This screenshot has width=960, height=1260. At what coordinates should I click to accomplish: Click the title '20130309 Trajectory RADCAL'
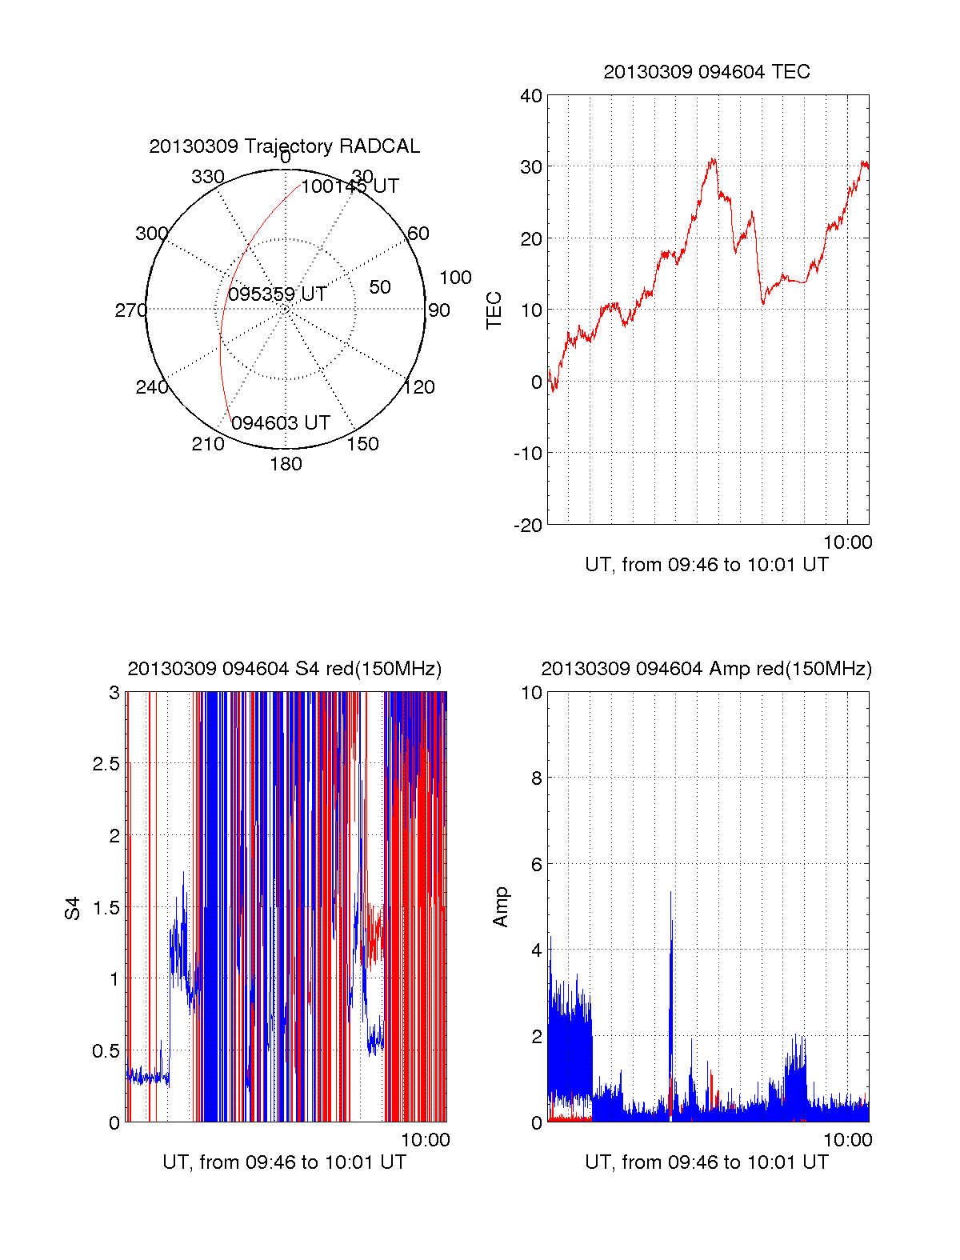tap(284, 146)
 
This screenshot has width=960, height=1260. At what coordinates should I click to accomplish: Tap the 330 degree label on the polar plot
tap(207, 177)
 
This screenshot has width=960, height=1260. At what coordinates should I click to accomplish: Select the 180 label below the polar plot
tap(286, 464)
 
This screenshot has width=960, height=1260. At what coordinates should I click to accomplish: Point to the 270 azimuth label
tap(130, 310)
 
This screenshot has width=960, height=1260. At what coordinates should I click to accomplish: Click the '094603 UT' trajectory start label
tap(281, 423)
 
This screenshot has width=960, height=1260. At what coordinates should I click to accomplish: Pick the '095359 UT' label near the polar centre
tap(278, 294)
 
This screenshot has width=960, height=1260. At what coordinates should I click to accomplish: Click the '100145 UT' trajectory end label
tap(350, 186)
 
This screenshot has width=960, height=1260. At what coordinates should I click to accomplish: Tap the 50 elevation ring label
tap(380, 287)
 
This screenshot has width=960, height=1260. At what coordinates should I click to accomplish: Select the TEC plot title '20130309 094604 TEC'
tap(706, 72)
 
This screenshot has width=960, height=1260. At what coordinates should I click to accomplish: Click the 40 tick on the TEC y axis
tap(531, 96)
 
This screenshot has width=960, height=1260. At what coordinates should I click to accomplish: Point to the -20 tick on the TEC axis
tap(528, 525)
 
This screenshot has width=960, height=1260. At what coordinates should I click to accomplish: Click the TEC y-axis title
tap(494, 310)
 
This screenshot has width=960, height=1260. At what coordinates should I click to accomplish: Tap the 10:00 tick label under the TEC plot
tap(847, 542)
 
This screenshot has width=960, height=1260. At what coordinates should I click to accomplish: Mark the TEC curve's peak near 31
tap(713, 159)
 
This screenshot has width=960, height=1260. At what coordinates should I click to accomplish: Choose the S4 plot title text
tap(284, 669)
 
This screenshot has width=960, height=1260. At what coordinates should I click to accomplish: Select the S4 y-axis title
tap(73, 908)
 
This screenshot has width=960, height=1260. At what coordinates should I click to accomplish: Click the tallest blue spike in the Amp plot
tap(670, 893)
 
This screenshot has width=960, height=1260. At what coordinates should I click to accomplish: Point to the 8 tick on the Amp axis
tap(537, 778)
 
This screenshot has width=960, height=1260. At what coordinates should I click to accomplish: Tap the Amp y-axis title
tap(501, 907)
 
